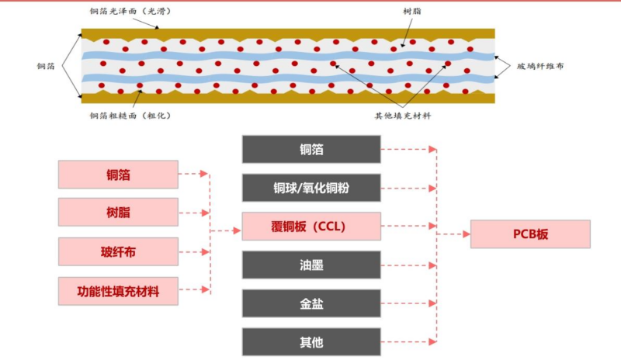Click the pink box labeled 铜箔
(118, 175)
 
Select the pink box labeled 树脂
(118, 213)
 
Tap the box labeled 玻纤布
(118, 252)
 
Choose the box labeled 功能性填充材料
(118, 292)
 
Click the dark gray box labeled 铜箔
(310, 149)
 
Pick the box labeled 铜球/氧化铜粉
(310, 188)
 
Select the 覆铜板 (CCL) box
(310, 227)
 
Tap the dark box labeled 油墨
(310, 265)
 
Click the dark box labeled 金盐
(310, 303)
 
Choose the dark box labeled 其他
(310, 342)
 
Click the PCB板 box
(530, 234)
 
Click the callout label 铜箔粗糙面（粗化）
(129, 116)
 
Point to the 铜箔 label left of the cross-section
(46, 67)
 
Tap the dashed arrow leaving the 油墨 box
(408, 265)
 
